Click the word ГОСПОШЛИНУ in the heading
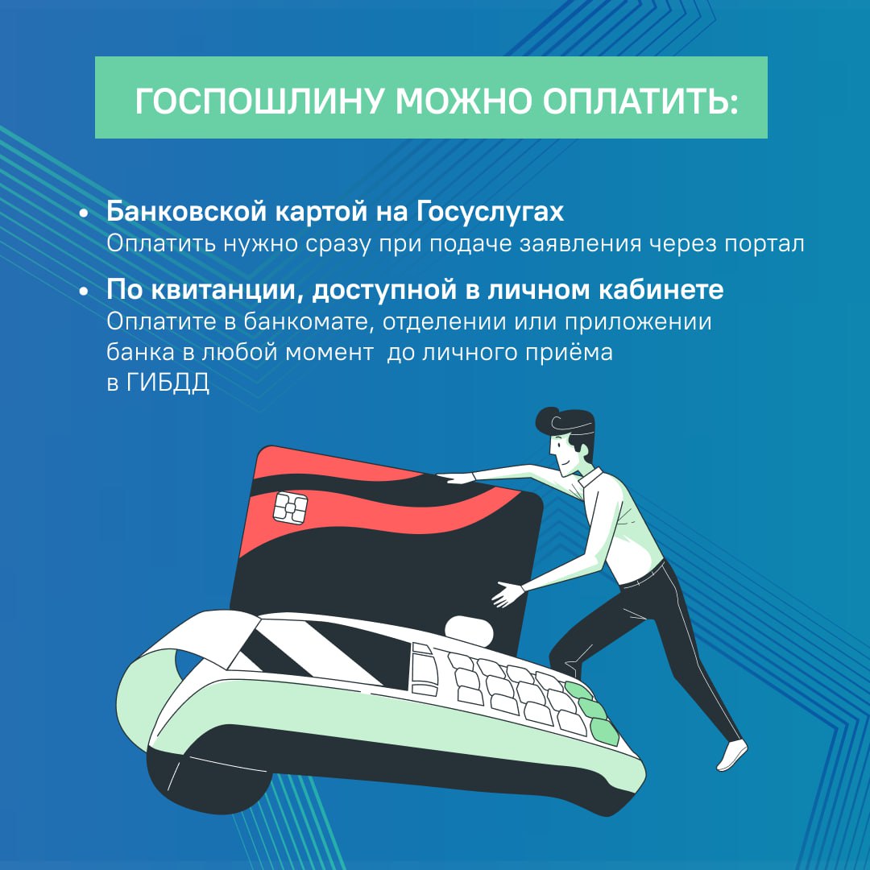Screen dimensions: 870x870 [259, 101]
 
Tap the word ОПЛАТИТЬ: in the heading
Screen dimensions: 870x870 [640, 101]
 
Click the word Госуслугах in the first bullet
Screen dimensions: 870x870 [490, 212]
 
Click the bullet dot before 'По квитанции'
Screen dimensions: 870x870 [84, 291]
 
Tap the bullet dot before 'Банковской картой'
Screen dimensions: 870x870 [84, 213]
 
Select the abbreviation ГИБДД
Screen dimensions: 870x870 [168, 383]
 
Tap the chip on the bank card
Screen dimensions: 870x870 [290, 507]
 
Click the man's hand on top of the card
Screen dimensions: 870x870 [455, 478]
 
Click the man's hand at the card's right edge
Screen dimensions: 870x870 [507, 594]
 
